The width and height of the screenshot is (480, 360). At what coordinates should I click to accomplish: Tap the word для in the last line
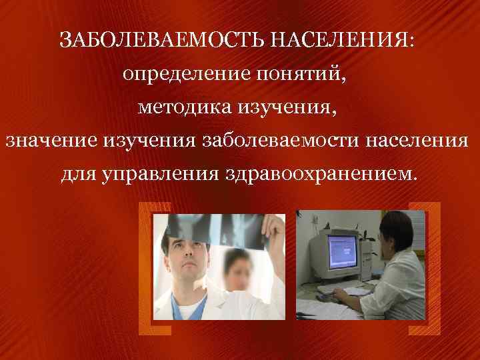click(x=80, y=175)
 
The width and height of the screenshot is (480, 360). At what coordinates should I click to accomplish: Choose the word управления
click(x=167, y=175)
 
